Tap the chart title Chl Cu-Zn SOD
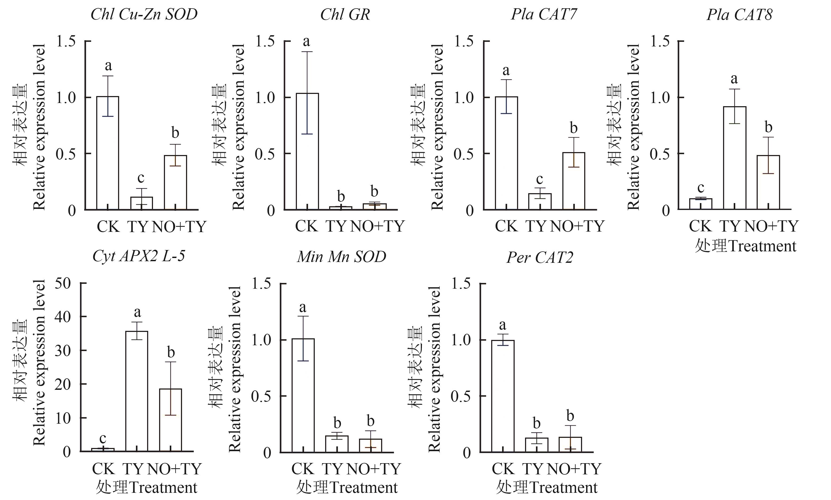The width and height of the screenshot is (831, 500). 144,14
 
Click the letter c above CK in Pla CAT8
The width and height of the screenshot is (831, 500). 700,187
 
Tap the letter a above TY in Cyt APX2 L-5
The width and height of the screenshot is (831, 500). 137,312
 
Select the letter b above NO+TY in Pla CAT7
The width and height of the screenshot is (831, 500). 574,128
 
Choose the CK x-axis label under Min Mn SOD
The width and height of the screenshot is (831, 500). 302,469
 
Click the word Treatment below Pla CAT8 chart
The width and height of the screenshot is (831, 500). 762,246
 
